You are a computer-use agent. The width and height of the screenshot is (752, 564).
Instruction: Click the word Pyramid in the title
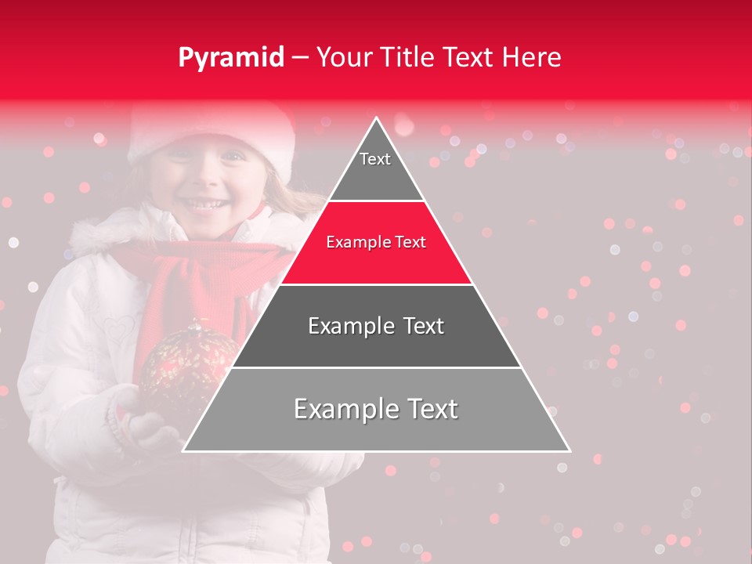230,58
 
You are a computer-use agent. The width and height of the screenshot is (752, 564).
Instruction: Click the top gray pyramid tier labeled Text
375,168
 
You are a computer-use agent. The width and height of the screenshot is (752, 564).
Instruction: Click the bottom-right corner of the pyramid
569,450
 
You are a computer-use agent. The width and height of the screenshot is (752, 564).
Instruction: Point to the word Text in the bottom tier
427,409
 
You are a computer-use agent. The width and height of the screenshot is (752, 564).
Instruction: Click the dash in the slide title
300,58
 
